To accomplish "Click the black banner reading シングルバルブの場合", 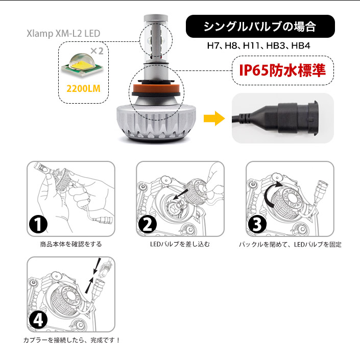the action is [260, 27].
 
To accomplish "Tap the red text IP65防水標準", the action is [282, 70].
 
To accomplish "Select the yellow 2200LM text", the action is [83, 89].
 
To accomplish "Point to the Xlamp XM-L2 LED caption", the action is [63, 34].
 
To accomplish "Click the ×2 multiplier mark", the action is [97, 51].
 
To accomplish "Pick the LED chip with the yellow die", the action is [82, 64].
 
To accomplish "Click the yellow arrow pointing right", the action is [214, 118].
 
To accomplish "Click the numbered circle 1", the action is [38, 224].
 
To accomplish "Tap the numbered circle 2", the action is [148, 224].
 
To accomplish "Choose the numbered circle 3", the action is [257, 224].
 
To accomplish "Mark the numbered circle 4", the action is [38, 320].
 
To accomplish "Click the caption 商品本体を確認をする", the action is [70, 244].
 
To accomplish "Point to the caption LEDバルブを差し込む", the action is [180, 244].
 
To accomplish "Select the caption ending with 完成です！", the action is [71, 340].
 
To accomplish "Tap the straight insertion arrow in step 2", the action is [180, 194].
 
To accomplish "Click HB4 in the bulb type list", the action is [301, 45].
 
